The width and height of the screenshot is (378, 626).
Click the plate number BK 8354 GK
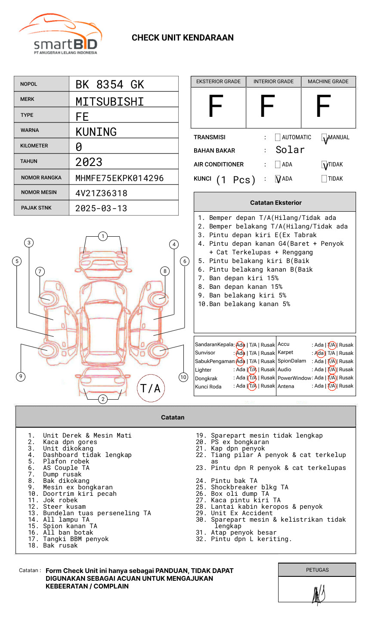click(109, 85)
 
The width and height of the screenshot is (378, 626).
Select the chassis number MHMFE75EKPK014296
click(119, 178)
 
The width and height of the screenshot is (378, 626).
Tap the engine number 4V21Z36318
click(101, 193)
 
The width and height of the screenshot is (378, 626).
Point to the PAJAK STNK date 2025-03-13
click(101, 208)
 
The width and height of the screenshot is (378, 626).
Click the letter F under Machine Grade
click(323, 106)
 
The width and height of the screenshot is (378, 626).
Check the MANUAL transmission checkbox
click(325, 138)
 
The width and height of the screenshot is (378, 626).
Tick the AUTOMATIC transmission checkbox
click(278, 138)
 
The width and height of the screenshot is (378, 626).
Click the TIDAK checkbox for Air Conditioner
click(325, 165)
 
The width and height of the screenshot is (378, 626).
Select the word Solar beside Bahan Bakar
click(290, 150)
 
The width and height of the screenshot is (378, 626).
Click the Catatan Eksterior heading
click(276, 203)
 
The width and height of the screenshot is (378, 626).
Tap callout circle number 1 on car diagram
click(102, 236)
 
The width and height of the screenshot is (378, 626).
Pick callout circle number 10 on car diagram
click(183, 377)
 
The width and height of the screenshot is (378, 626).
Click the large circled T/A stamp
click(151, 388)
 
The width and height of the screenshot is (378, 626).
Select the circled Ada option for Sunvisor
click(240, 353)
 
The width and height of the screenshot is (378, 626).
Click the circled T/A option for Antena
click(332, 386)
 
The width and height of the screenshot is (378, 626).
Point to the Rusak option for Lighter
click(267, 369)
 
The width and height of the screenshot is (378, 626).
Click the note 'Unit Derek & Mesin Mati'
click(87, 435)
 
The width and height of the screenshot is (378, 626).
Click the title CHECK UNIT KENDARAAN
click(183, 38)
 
